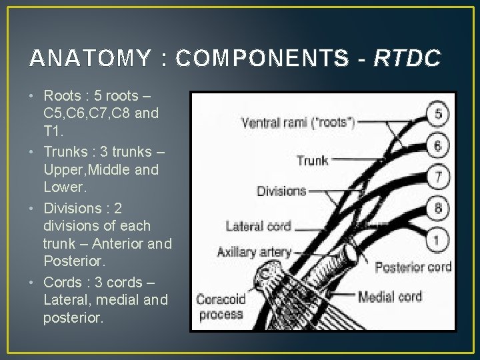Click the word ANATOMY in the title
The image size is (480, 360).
click(x=90, y=59)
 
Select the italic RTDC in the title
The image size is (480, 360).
click(x=407, y=59)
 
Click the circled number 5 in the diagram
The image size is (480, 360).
click(x=437, y=113)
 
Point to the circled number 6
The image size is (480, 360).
click(x=437, y=145)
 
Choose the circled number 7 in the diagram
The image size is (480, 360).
click(x=437, y=177)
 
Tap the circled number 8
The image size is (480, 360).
click(x=437, y=209)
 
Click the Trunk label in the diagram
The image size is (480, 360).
click(x=313, y=160)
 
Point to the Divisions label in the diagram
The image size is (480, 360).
click(x=281, y=191)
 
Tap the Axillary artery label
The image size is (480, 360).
click(x=254, y=252)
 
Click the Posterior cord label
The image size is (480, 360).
click(x=413, y=267)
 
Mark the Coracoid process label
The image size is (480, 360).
click(x=220, y=307)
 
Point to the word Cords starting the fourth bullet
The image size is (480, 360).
click(x=63, y=282)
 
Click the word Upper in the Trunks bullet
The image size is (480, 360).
click(x=62, y=170)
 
